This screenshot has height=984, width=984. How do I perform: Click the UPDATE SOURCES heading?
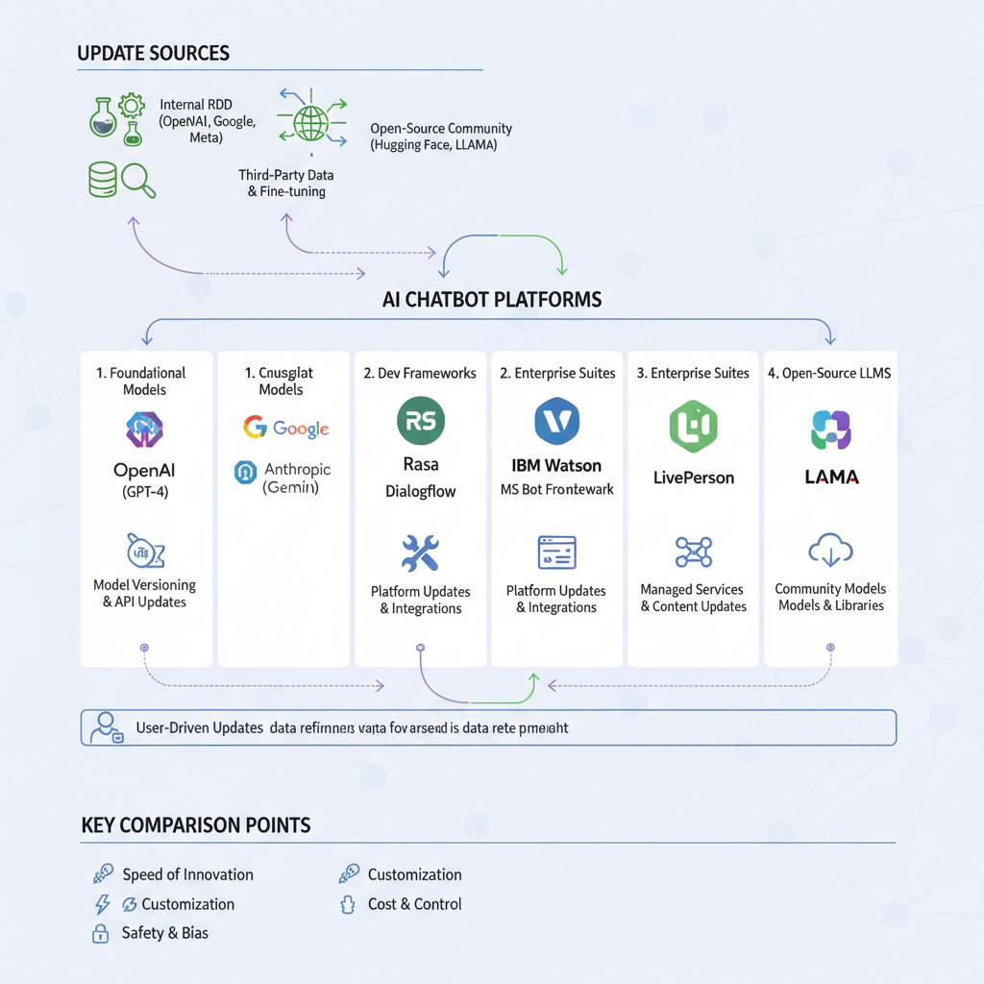(x=154, y=52)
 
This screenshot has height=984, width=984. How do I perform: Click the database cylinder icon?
(x=102, y=179)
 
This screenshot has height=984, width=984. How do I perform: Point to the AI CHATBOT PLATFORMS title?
(x=492, y=299)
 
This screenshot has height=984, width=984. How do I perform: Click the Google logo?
(x=286, y=429)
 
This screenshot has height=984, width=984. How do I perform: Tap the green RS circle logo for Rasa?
(x=421, y=422)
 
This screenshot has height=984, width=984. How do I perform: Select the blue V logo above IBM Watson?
(x=557, y=422)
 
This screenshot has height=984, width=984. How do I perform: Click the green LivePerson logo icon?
(x=693, y=427)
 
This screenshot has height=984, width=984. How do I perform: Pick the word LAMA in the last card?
(x=831, y=477)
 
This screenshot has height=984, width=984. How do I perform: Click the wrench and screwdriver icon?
(x=420, y=553)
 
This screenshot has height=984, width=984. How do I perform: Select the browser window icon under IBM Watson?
(x=556, y=553)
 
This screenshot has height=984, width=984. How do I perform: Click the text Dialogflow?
(x=421, y=491)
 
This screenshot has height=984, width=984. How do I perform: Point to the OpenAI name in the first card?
(x=145, y=470)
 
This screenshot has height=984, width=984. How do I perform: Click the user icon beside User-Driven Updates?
(x=104, y=727)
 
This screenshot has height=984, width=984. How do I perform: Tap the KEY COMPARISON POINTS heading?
(x=196, y=824)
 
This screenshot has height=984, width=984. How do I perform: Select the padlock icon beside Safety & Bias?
(x=99, y=933)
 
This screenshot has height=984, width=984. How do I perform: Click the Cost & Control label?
(x=414, y=904)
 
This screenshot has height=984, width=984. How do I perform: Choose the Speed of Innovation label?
(x=187, y=874)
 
